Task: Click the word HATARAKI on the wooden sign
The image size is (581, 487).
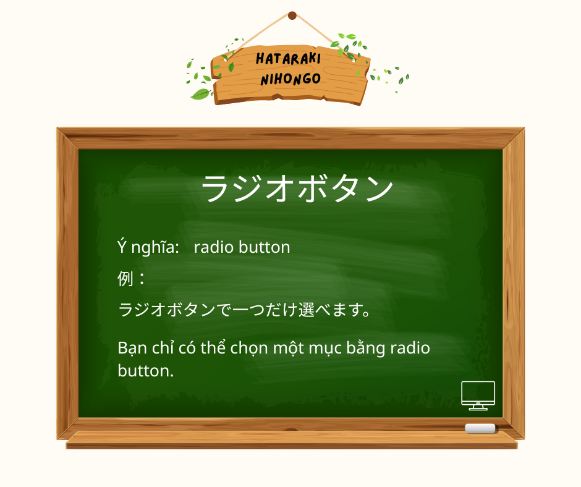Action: coord(287,60)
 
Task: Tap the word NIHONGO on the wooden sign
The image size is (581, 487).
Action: coord(290,79)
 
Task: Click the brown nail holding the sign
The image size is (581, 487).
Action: coord(292,15)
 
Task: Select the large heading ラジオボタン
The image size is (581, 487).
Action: coord(297,188)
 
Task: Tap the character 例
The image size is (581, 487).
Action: coord(125,279)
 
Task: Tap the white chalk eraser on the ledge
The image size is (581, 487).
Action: coord(480,428)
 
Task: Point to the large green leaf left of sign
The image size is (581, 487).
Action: coord(200,94)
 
